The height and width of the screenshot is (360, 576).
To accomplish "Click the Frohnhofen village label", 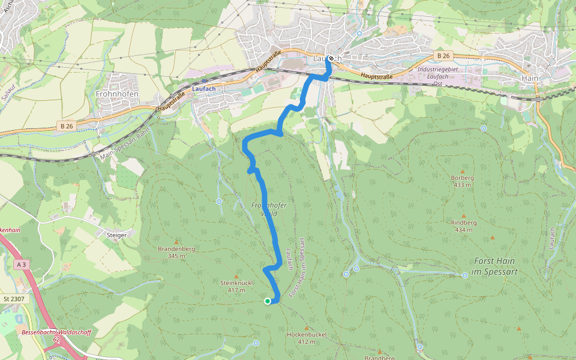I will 117,94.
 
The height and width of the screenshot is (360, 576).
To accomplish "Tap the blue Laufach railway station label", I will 203,88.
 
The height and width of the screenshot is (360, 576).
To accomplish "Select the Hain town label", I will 530,79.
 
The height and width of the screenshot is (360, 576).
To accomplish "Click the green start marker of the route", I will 268,301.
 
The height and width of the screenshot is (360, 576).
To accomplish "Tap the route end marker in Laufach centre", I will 331,59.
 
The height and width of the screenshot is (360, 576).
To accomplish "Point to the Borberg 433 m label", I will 462,181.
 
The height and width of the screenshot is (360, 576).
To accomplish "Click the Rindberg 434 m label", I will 463,226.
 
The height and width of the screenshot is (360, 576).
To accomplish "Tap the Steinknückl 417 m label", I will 237,286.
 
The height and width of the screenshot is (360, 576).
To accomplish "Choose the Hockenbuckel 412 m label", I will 306,337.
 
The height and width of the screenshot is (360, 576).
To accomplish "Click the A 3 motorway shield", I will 22,265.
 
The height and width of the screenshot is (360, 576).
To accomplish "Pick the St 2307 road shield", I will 13,299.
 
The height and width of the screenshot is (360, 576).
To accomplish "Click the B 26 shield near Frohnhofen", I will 67,126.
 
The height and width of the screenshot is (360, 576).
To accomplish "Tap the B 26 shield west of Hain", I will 443,56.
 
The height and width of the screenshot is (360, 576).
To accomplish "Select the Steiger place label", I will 116,235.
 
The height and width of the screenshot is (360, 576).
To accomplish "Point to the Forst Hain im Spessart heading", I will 495,266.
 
